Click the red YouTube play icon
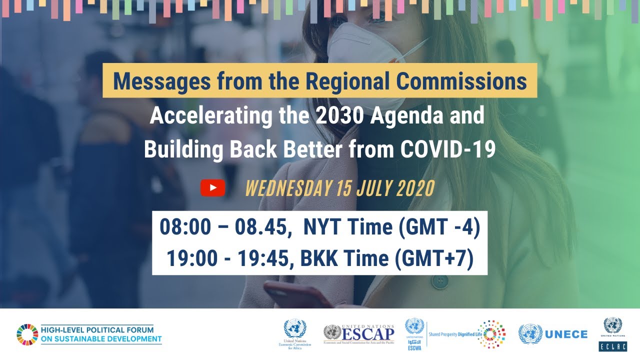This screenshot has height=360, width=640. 212,188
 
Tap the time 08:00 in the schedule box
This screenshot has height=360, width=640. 182,227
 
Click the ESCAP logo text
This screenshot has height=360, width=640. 368,332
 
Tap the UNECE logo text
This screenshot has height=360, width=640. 566,334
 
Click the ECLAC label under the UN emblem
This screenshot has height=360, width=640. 612,346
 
